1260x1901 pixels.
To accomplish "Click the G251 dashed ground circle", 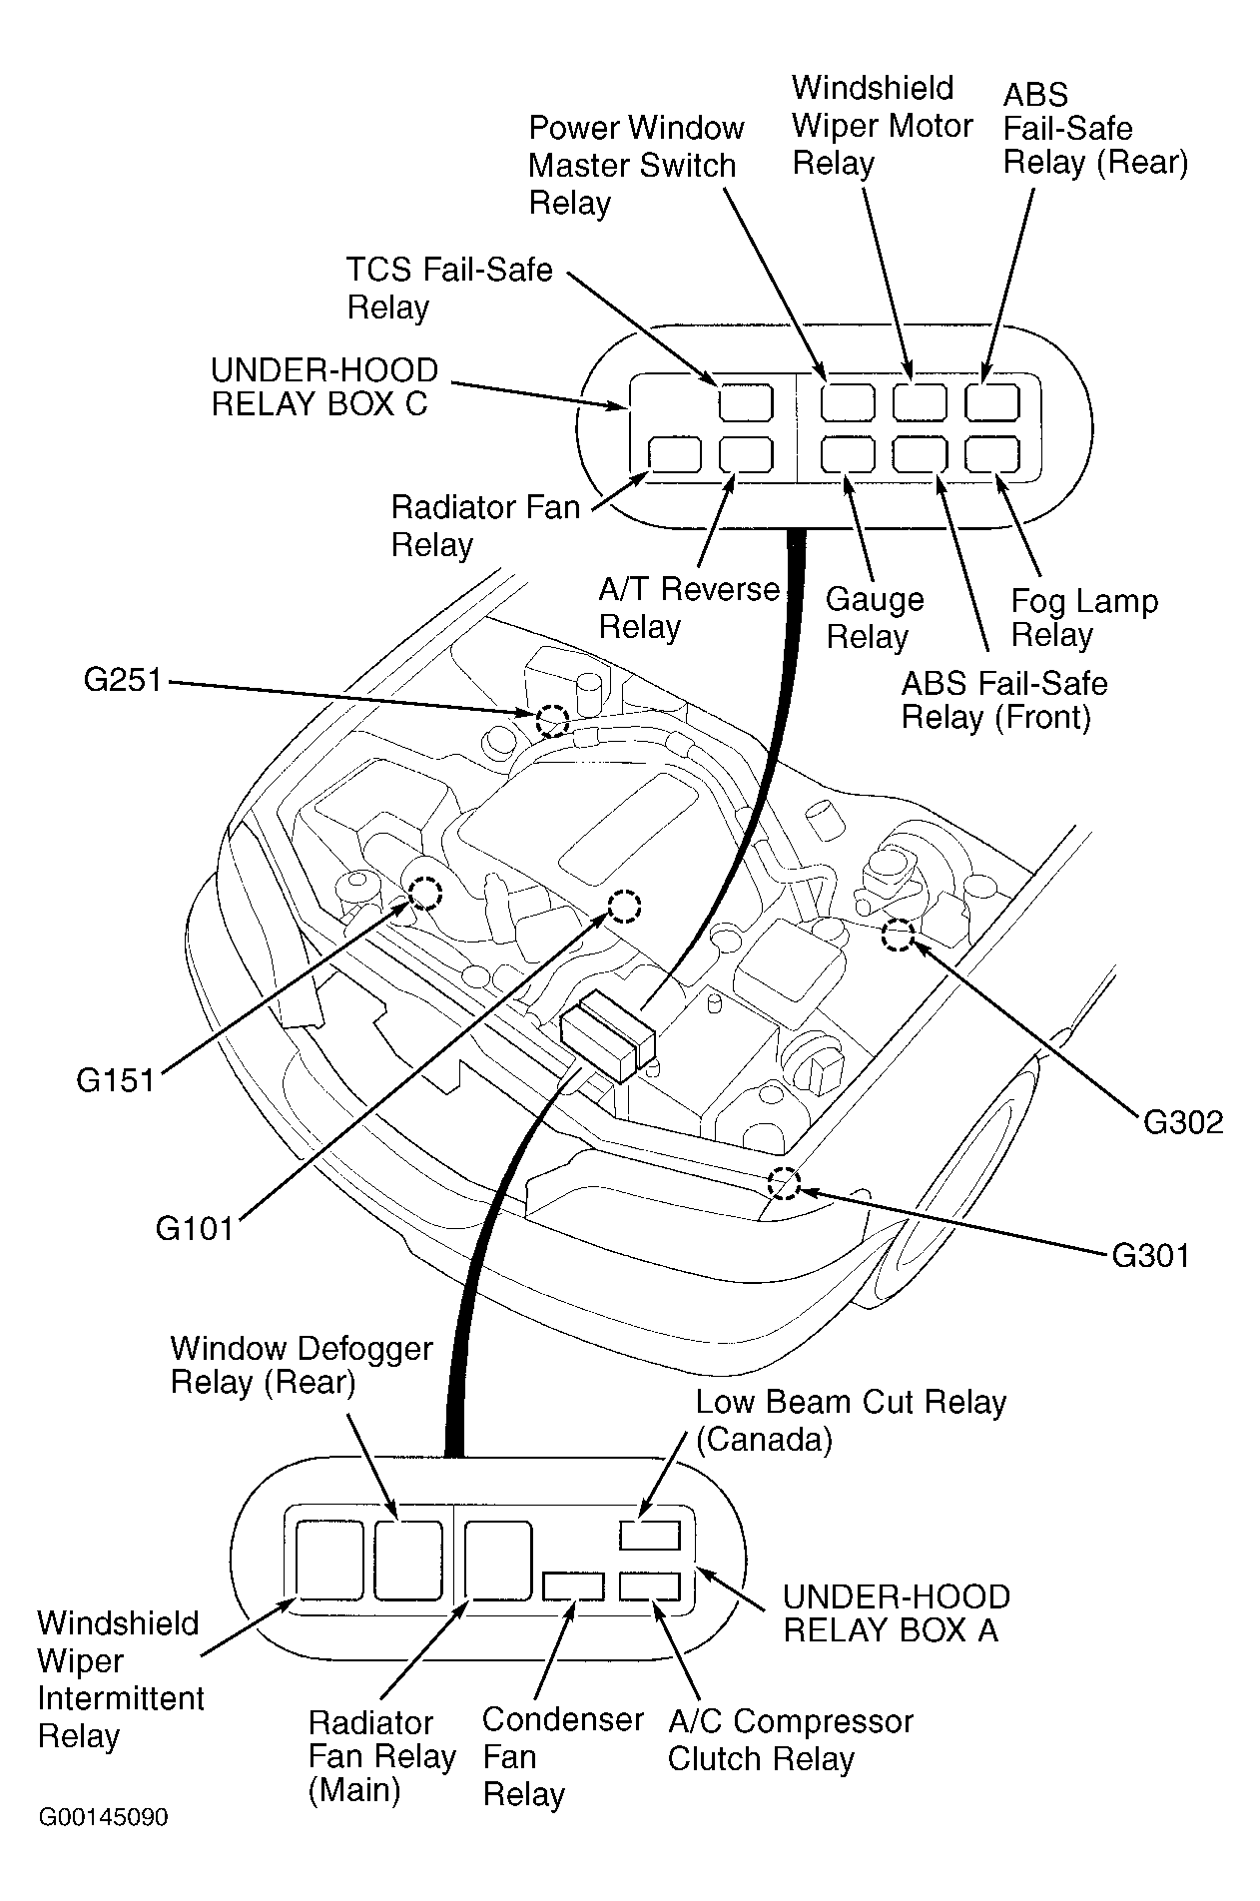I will click(x=552, y=719).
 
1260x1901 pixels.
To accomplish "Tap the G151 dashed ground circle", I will click(x=425, y=892).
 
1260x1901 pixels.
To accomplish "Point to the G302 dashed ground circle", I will click(x=898, y=935).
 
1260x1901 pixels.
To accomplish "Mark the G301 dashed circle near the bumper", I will click(x=784, y=1183).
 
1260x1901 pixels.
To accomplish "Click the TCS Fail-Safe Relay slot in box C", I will click(x=746, y=402).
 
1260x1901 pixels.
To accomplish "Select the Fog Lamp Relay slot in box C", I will click(x=991, y=454).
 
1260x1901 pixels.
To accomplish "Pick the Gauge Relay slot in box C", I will click(x=848, y=454).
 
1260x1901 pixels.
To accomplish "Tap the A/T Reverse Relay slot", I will click(x=746, y=454).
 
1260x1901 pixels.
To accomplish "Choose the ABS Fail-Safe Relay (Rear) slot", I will click(x=991, y=402).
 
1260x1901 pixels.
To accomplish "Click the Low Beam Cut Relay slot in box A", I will click(x=649, y=1535).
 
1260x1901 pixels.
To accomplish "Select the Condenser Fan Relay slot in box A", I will click(x=573, y=1585).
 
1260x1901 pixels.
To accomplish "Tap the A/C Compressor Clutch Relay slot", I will click(x=649, y=1585).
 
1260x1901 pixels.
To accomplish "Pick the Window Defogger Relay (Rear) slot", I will click(x=408, y=1559).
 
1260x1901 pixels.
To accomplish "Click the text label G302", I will click(x=1182, y=1122).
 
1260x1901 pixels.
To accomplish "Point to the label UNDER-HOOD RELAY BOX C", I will click(x=324, y=386).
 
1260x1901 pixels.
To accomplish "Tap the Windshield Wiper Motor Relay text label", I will click(x=882, y=125).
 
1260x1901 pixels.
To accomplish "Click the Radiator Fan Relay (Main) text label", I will click(x=381, y=1756).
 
